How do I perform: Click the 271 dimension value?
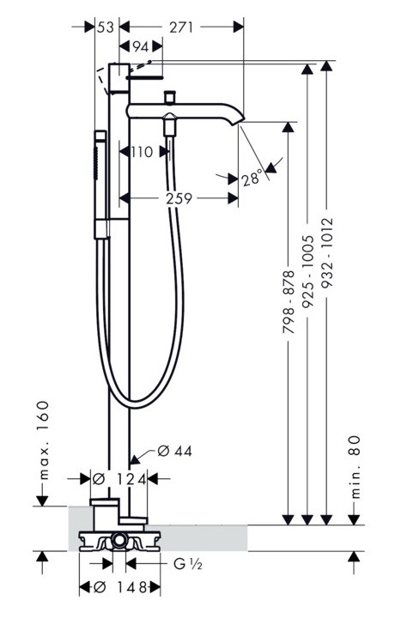(x=181, y=27)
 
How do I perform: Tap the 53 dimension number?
(x=106, y=27)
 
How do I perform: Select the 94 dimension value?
(x=141, y=47)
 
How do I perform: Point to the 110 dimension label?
(x=142, y=152)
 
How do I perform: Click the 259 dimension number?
(x=179, y=198)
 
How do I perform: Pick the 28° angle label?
(x=252, y=179)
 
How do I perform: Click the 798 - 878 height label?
(x=288, y=302)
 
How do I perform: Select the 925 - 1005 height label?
(x=308, y=271)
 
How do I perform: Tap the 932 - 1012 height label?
(x=327, y=253)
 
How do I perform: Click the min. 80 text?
(x=355, y=467)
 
